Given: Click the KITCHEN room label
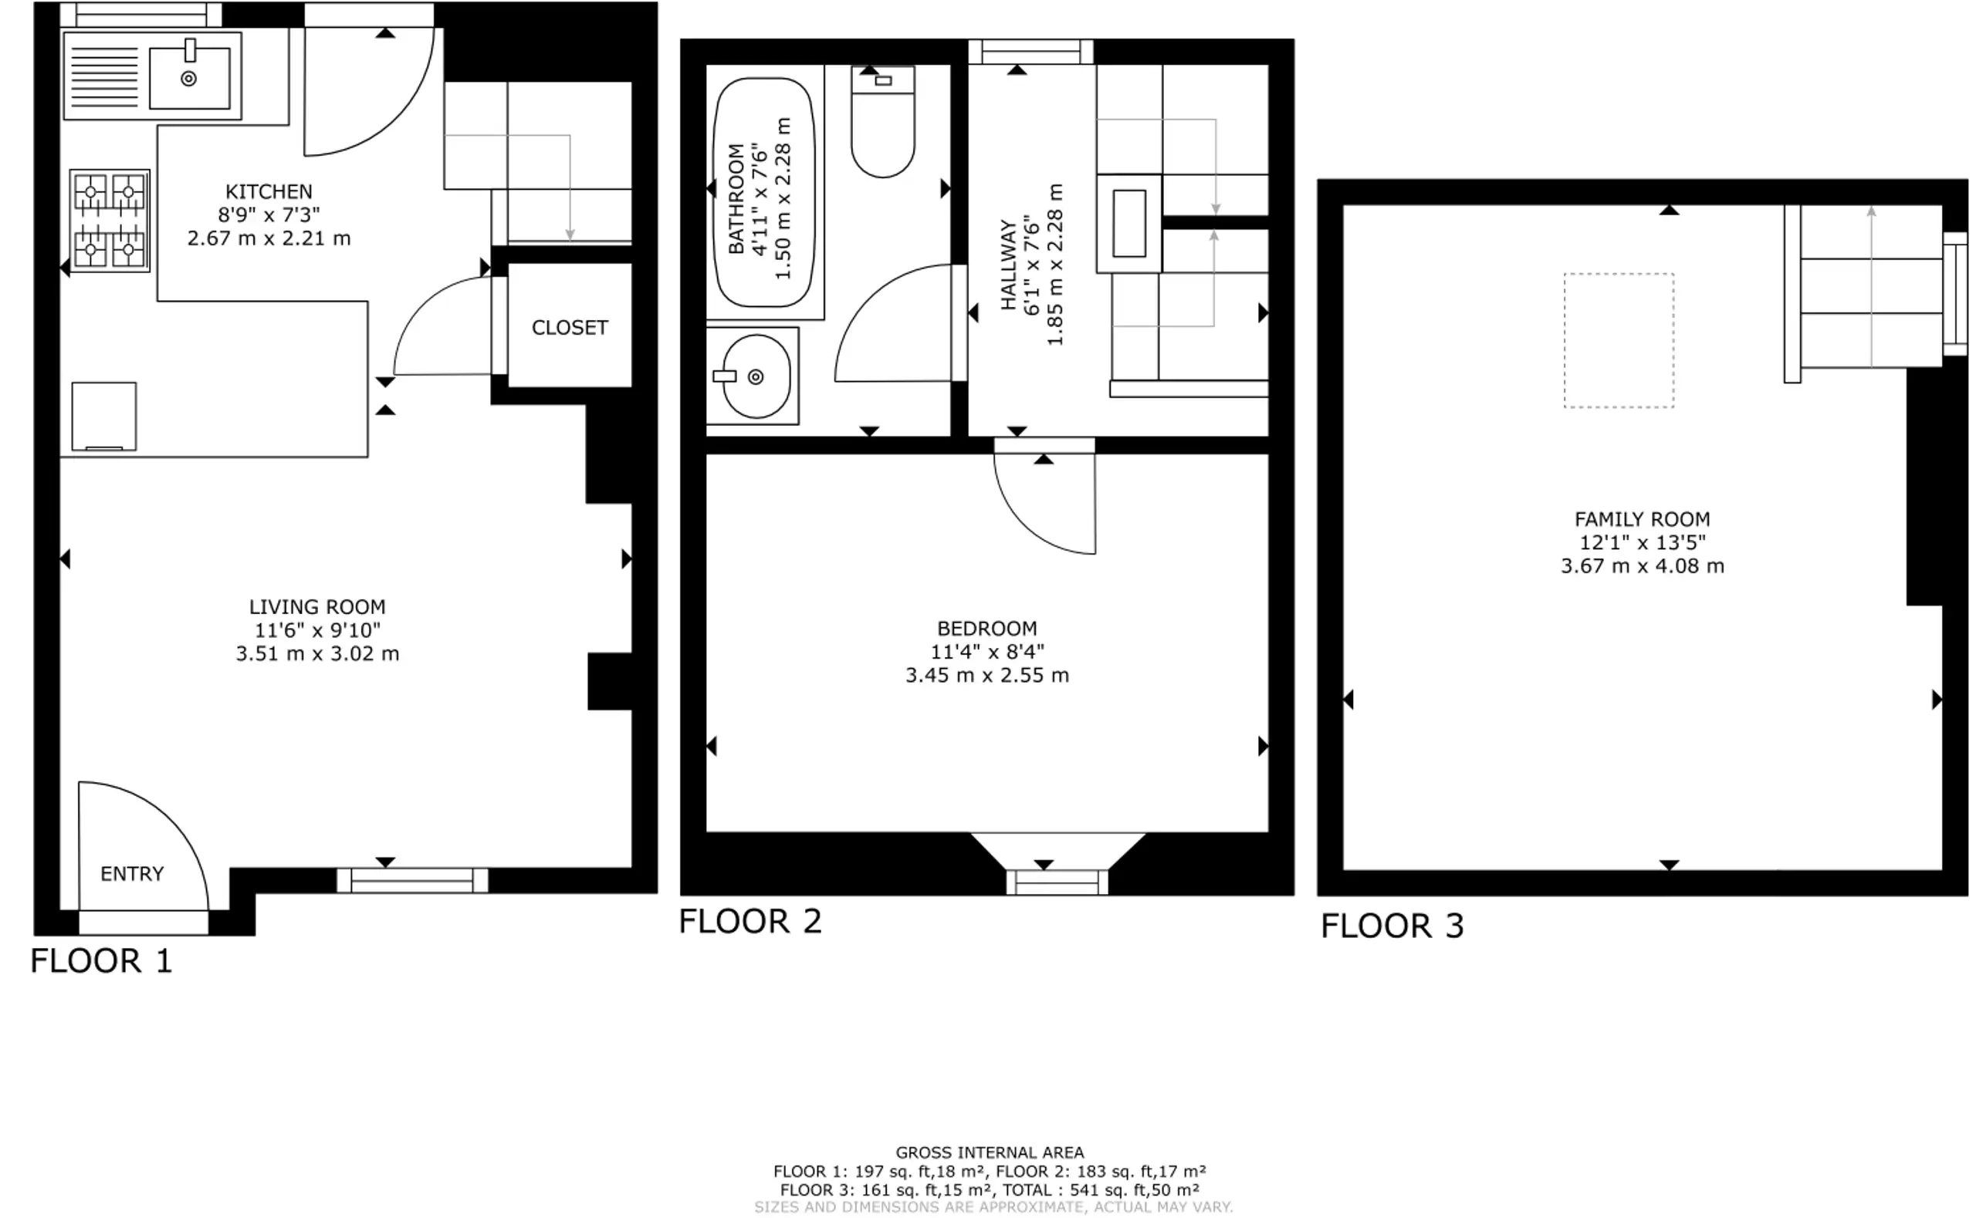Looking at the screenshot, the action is pyautogui.click(x=269, y=192).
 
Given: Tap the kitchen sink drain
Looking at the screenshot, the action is pyautogui.click(x=188, y=78).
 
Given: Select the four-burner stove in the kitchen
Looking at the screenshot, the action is pyautogui.click(x=109, y=220).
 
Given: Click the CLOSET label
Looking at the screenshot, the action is pyautogui.click(x=570, y=327).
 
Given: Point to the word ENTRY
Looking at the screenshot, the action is pyautogui.click(x=132, y=873).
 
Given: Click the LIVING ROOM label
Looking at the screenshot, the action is pyautogui.click(x=316, y=606).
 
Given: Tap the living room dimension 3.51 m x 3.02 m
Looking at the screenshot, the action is pyautogui.click(x=316, y=653).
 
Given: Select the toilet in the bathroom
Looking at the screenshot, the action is pyautogui.click(x=882, y=122).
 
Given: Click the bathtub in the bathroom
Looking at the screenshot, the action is pyautogui.click(x=764, y=192).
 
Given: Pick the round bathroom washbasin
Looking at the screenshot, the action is pyautogui.click(x=756, y=376).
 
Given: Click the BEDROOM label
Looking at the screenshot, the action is pyautogui.click(x=987, y=629).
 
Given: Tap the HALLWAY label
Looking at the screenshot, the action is pyautogui.click(x=1007, y=265).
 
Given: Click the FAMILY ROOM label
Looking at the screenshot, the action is pyautogui.click(x=1643, y=519).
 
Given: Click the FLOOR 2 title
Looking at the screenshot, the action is pyautogui.click(x=750, y=921).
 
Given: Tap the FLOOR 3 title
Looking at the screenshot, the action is pyautogui.click(x=1392, y=926).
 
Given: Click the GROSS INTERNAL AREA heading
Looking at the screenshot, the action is pyautogui.click(x=990, y=1152).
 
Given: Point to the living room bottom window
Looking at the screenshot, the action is pyautogui.click(x=412, y=880).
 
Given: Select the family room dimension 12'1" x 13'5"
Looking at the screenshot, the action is pyautogui.click(x=1643, y=542).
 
